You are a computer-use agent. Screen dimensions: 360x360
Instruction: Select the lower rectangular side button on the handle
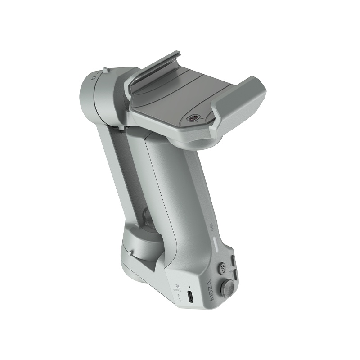[235, 274]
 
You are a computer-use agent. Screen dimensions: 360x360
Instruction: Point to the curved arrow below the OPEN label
[179, 297]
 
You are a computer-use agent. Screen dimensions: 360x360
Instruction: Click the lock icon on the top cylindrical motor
[93, 78]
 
